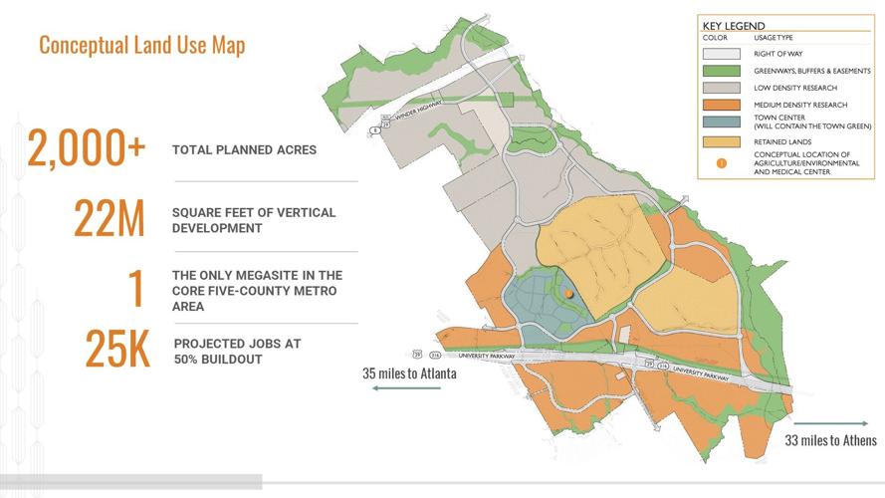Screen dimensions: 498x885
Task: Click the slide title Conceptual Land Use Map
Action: coord(141,45)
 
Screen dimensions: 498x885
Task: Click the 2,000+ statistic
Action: coord(88,150)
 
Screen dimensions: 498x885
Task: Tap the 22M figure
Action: coord(111,219)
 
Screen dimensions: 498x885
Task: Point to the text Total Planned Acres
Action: coord(244,150)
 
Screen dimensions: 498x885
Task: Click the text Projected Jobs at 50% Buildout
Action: coord(237,351)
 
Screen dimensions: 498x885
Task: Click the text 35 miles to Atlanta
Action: coord(409,374)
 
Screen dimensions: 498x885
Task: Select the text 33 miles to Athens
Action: coord(831,440)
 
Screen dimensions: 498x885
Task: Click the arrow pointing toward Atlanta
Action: coord(408,391)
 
